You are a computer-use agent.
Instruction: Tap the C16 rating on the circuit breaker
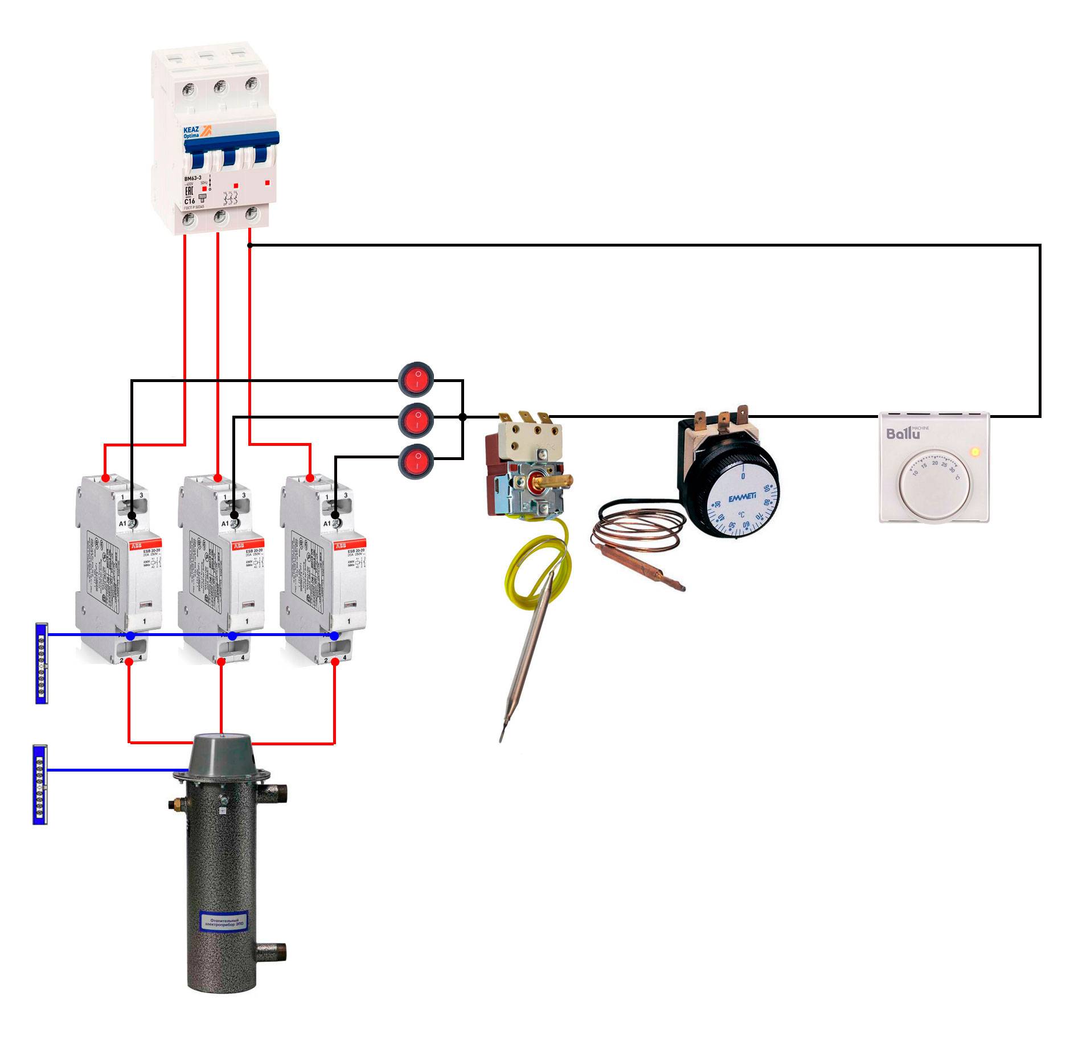pyautogui.click(x=190, y=201)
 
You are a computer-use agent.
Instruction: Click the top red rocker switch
pyautogui.click(x=416, y=379)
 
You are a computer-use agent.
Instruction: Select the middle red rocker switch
pyautogui.click(x=416, y=420)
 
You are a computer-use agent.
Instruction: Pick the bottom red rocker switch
pyautogui.click(x=416, y=461)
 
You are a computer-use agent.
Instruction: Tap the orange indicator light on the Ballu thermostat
pyautogui.click(x=975, y=452)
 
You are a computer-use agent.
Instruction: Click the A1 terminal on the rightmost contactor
pyautogui.click(x=335, y=516)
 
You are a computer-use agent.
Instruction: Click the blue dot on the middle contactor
pyautogui.click(x=232, y=636)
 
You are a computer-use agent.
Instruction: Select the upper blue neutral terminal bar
pyautogui.click(x=42, y=663)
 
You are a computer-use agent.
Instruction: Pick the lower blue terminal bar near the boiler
pyautogui.click(x=40, y=784)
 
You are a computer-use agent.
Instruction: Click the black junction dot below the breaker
pyautogui.click(x=249, y=245)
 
